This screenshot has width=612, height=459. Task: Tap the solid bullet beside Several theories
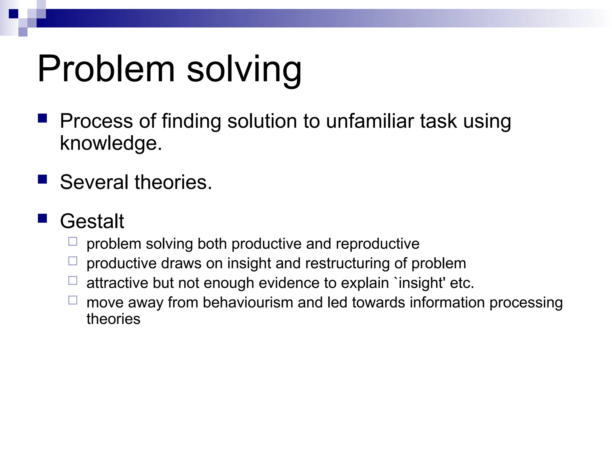click(43, 179)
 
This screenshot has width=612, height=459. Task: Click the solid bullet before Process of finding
click(43, 118)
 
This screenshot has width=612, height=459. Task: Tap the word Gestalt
click(92, 221)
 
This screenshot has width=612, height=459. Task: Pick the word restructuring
click(347, 264)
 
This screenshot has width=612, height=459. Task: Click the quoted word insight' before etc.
click(422, 283)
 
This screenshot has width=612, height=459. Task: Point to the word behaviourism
click(248, 302)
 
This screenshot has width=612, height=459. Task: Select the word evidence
click(289, 283)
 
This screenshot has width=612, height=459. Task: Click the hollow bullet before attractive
click(73, 281)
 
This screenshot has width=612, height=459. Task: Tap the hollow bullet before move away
click(73, 300)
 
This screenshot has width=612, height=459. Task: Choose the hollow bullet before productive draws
click(73, 261)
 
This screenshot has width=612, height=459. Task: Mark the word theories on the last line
click(113, 319)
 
